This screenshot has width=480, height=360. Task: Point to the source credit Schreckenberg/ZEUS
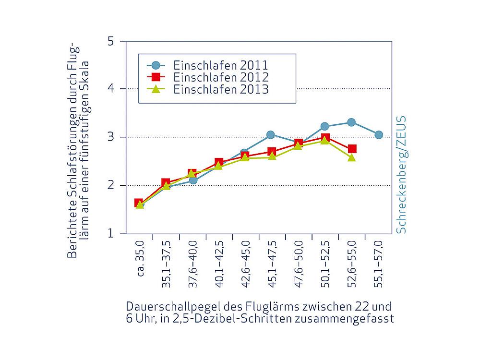[x=401, y=174]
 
